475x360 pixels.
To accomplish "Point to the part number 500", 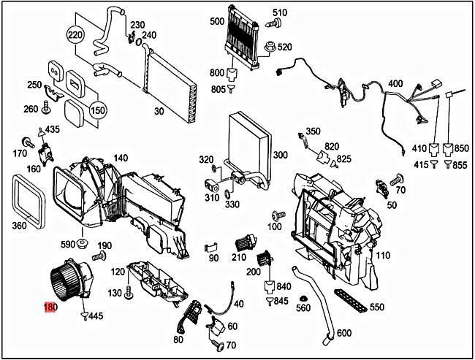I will point(216,21).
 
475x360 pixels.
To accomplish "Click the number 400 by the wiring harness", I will point(395,84).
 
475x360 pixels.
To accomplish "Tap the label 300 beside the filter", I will point(280,155).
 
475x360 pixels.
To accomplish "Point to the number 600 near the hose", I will point(344,334).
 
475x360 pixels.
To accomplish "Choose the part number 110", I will point(382,256).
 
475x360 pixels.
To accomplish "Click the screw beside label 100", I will point(276,216).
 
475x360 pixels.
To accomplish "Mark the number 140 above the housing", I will point(121,158).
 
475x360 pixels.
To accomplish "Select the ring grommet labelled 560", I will point(304,295).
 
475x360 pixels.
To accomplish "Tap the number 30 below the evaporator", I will point(159,111).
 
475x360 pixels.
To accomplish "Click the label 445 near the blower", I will point(96,317).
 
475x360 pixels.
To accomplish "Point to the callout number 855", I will point(460,166).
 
